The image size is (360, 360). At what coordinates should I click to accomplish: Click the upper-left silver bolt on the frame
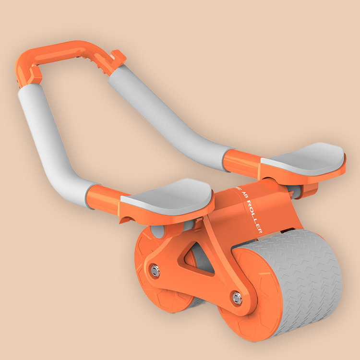click(154, 270)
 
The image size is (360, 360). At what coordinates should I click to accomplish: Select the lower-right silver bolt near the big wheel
click(236, 298)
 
